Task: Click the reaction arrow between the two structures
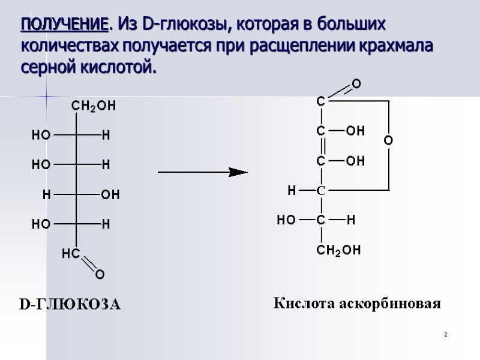click(x=202, y=172)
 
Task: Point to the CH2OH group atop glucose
click(x=94, y=106)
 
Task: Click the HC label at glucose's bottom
click(x=71, y=254)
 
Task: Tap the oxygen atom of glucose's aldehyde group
click(x=100, y=275)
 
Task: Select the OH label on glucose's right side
click(x=111, y=194)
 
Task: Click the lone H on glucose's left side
click(x=46, y=194)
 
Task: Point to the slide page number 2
click(x=446, y=334)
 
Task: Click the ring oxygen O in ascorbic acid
click(x=388, y=140)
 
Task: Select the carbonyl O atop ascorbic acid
click(x=356, y=84)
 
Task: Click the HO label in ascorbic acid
click(x=286, y=220)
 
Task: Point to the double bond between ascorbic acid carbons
click(x=322, y=146)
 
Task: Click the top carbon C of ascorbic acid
click(x=321, y=102)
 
